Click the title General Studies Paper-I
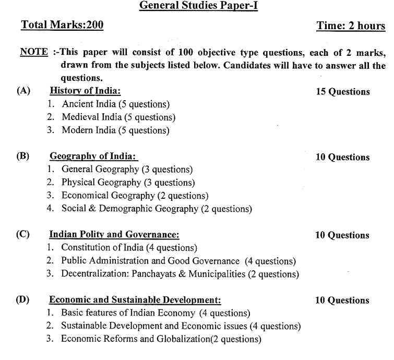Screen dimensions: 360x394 [x=197, y=7]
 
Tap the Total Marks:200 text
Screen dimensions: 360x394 [x=61, y=26]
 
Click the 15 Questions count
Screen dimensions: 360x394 [x=343, y=92]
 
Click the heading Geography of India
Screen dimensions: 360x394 [x=94, y=156]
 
